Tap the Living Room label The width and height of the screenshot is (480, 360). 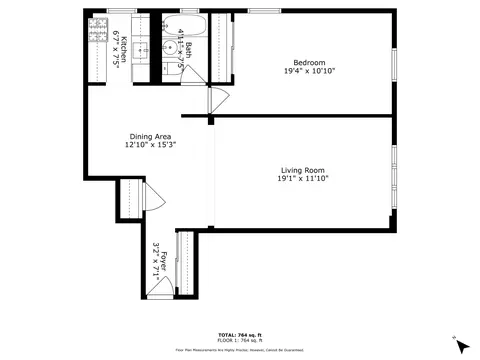pos(303,170)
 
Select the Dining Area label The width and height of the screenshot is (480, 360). pos(150,137)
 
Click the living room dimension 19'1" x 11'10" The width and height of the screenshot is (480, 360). pos(303,179)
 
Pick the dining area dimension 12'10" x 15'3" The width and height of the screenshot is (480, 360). pos(150,146)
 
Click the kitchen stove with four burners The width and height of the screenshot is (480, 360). pos(97,33)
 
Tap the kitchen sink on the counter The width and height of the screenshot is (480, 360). pos(141,49)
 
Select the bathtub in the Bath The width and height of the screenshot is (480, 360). pos(186,25)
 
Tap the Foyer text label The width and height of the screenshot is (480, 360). pos(158,262)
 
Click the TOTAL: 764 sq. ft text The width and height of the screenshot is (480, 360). pos(239,334)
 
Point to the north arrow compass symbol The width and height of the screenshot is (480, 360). pos(460,344)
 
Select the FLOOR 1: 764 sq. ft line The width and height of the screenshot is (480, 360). pos(239,341)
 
